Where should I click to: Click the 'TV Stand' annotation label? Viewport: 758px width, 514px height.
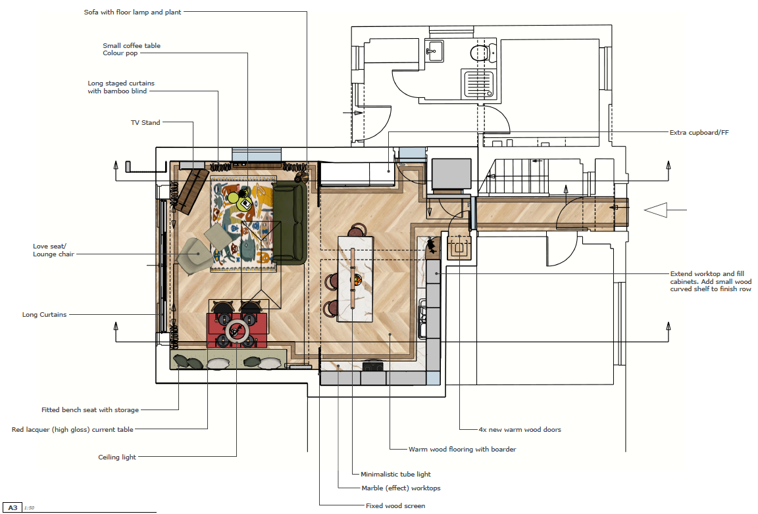pos(145,122)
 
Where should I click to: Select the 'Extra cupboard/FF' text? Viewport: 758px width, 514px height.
pos(699,132)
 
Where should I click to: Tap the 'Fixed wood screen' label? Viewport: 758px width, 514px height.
pos(395,505)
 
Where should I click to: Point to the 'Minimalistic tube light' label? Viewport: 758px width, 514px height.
pos(395,474)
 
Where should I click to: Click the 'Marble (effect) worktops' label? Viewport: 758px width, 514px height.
pos(401,488)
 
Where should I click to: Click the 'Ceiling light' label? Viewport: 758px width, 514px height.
pos(117,457)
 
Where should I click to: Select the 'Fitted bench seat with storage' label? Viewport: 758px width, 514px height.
pos(90,409)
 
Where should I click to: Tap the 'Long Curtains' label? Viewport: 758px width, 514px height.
pos(44,315)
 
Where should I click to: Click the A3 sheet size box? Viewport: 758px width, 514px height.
pos(13,507)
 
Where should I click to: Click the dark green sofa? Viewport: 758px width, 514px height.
pos(290,223)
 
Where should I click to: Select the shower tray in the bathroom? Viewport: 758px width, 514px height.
pos(478,84)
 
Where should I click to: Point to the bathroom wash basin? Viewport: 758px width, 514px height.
pos(434,51)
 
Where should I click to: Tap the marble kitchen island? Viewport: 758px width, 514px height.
pos(356,279)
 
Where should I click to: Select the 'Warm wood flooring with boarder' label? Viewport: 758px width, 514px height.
pos(462,450)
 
